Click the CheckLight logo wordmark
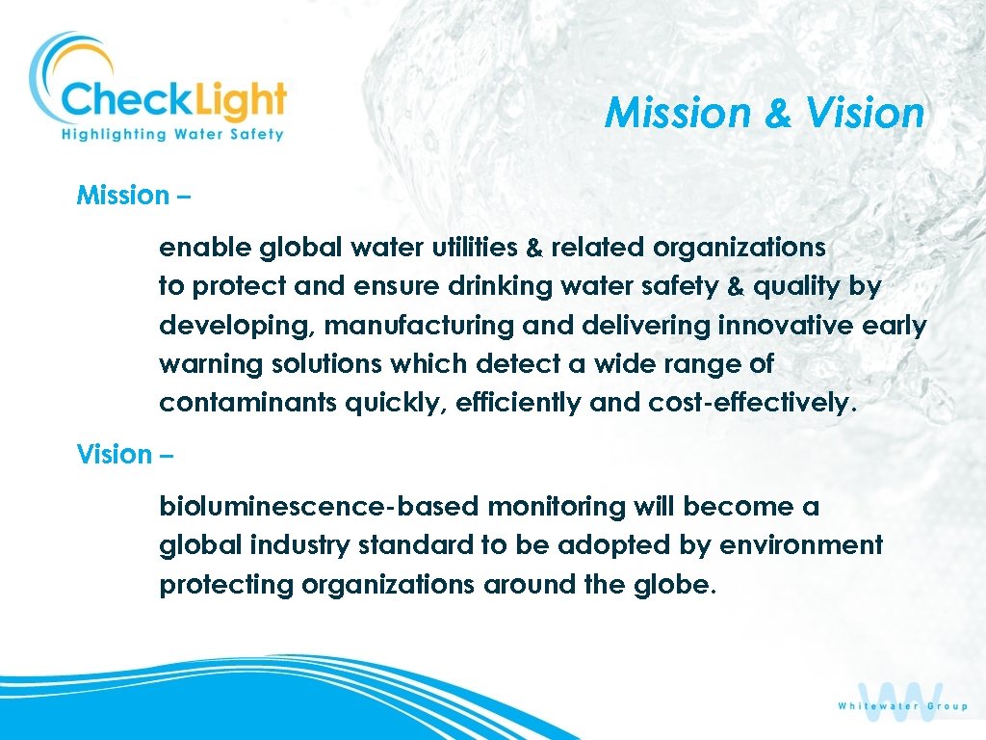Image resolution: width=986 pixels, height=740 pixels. coord(173,99)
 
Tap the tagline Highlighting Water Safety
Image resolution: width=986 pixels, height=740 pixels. coord(172,134)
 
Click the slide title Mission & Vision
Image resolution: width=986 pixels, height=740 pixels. coord(765,114)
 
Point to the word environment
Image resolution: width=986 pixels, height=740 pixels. coord(812,545)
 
